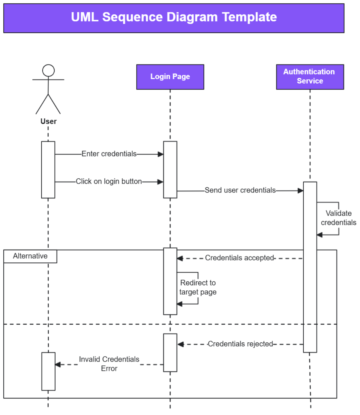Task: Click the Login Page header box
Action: coord(170,77)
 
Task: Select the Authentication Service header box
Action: coord(310,77)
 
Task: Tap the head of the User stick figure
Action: coord(48,71)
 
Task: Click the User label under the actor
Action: coord(48,121)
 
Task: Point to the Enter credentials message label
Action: coord(109,154)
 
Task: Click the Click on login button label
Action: coord(109,181)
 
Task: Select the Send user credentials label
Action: coord(240,190)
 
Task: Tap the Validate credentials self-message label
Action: coord(338,218)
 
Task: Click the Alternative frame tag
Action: coord(30,256)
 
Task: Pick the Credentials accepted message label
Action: coord(239,258)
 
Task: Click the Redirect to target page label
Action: coord(198,287)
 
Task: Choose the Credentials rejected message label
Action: coord(240,344)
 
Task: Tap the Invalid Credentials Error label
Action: coord(109,364)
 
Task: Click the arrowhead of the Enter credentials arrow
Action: coord(161,154)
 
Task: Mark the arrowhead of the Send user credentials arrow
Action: coord(300,191)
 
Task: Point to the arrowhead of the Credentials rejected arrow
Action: coord(181,344)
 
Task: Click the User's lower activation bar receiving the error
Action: coord(48,371)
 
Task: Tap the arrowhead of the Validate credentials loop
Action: coord(320,235)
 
